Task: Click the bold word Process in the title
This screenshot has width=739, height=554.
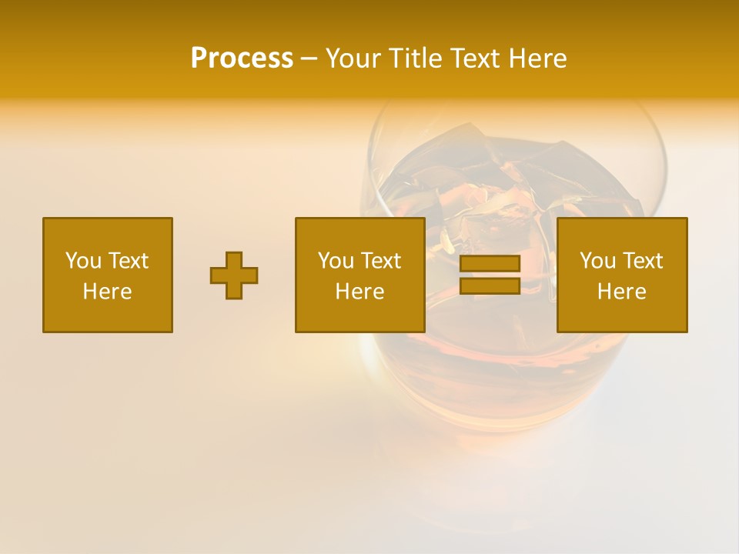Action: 242,58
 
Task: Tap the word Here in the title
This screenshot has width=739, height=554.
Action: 537,58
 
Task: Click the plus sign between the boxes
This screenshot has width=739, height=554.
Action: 234,275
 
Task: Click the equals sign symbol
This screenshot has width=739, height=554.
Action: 490,275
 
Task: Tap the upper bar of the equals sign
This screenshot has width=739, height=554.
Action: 490,264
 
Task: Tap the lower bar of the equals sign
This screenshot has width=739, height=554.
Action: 490,285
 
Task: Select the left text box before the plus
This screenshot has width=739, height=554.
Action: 108,275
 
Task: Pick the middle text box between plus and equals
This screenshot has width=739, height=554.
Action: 360,275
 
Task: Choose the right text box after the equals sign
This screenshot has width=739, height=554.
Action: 622,275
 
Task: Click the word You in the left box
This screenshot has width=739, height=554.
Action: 82,261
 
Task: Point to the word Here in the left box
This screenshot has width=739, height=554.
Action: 108,292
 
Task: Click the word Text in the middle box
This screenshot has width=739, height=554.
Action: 380,261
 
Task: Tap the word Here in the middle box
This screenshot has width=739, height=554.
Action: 360,292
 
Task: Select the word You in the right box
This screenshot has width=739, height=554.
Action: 597,261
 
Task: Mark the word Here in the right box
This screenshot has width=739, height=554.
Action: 622,292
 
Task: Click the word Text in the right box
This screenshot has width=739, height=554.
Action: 642,261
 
